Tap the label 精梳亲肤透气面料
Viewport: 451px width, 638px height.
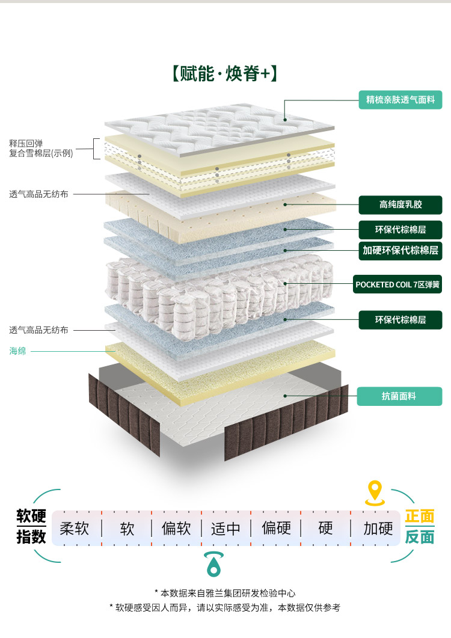[400, 99]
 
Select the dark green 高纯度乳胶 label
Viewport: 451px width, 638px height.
[400, 204]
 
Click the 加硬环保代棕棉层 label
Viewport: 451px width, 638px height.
[400, 250]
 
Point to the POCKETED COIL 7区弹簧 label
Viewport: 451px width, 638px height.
[399, 284]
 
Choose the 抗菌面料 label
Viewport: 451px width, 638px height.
[399, 396]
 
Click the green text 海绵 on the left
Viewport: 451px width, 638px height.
[18, 351]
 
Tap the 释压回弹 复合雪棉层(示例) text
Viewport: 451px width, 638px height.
[41, 149]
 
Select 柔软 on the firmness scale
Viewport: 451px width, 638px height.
[75, 529]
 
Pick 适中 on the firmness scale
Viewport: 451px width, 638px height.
[226, 529]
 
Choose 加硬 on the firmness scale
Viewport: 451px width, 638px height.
[378, 529]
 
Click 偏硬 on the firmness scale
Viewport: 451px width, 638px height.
[276, 529]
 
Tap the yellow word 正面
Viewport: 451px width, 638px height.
[419, 517]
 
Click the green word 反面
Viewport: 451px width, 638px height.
[419, 537]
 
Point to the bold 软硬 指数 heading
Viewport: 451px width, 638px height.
[31, 526]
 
